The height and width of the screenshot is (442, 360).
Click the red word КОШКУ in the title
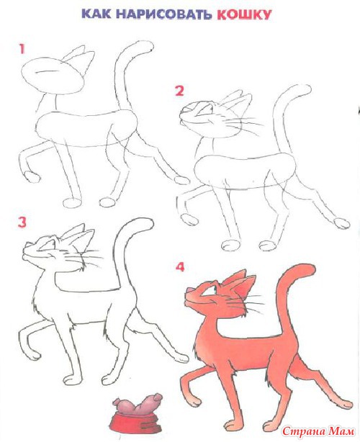coord(244,14)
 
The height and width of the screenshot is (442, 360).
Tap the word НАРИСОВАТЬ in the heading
coord(163,14)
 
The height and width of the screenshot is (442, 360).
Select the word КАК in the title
coord(96,14)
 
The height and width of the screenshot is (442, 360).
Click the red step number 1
coord(22,49)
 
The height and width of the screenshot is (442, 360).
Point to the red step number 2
coord(179,91)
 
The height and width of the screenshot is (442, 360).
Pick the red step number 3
coord(22,222)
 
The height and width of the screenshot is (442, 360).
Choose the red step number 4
coord(180,266)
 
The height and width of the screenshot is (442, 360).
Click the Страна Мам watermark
coord(318,431)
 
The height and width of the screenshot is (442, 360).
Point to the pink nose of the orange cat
coord(189,290)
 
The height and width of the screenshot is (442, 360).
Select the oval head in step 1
coord(53,76)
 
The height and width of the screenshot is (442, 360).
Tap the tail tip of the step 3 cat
coord(148,222)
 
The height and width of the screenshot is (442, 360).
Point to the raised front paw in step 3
coord(34,355)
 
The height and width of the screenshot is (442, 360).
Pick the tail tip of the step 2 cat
coord(305,90)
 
